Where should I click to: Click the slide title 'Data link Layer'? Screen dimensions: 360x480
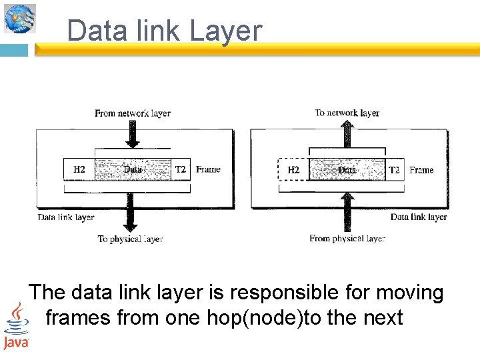point(165,31)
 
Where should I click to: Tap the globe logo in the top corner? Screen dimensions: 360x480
point(19,18)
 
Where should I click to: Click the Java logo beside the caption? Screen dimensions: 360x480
point(15,326)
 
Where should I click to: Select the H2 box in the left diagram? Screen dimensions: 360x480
point(79,170)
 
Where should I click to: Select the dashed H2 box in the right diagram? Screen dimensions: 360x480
point(293,170)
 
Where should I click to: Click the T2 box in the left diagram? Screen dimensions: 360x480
point(180,170)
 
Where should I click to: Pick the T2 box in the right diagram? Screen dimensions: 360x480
point(394,170)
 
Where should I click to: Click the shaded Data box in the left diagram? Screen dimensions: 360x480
point(133,170)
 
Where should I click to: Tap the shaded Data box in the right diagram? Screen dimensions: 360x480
point(347,170)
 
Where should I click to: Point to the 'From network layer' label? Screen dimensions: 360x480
point(133,113)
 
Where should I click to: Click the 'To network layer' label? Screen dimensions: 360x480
point(347,113)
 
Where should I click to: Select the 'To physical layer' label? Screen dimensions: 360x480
point(130,239)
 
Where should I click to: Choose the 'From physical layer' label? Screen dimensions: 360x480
point(347,239)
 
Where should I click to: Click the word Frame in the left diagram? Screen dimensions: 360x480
point(208,170)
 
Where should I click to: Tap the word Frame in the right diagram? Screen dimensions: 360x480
point(421,170)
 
